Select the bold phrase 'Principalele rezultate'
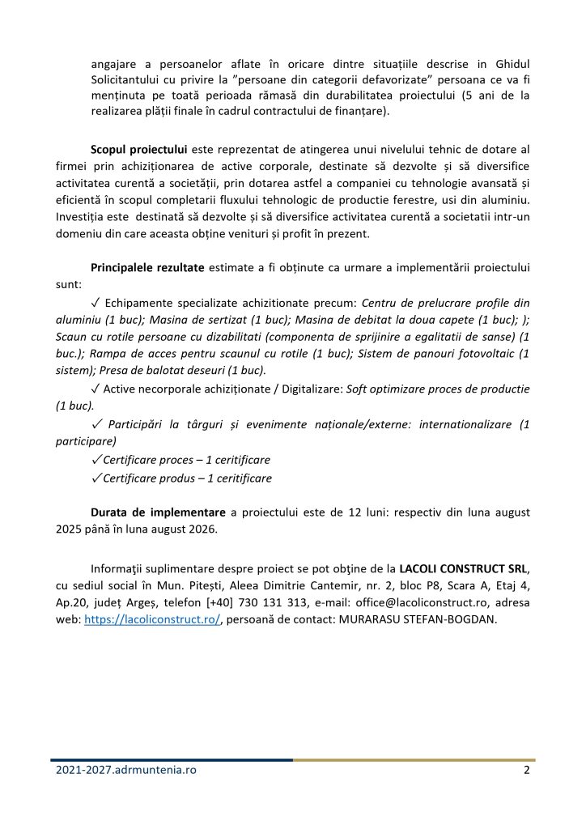click(x=149, y=267)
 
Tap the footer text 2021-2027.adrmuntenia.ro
click(x=126, y=770)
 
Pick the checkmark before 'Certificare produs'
click(x=96, y=478)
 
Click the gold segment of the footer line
click(x=413, y=759)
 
